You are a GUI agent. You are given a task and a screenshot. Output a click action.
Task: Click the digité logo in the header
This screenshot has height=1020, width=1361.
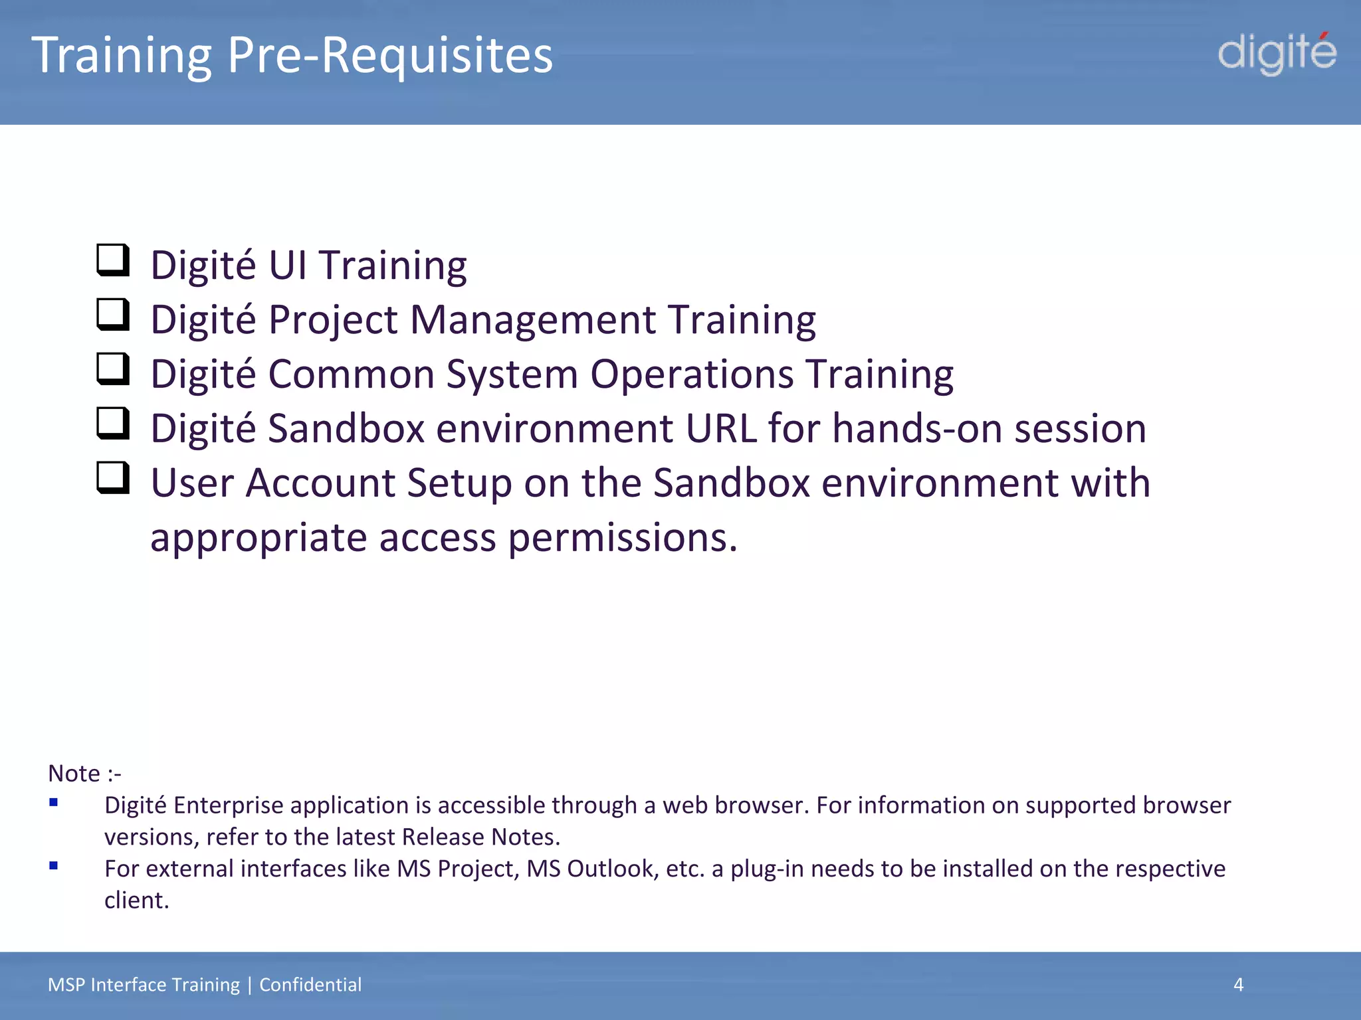pyautogui.click(x=1276, y=53)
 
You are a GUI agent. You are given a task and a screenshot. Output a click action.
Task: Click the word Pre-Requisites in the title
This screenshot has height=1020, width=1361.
pyautogui.click(x=390, y=55)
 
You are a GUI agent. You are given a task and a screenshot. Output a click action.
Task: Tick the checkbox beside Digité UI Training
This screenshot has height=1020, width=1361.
pyautogui.click(x=113, y=260)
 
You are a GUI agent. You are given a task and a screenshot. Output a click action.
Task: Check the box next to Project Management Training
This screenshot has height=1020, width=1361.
pyautogui.click(x=113, y=315)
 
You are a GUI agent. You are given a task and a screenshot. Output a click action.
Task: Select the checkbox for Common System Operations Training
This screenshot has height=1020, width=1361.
pyautogui.click(x=113, y=369)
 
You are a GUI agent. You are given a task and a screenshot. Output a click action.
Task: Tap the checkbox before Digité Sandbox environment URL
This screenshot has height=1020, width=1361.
pyautogui.click(x=113, y=424)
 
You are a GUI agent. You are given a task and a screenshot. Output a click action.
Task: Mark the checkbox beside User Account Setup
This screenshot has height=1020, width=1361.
pyautogui.click(x=113, y=478)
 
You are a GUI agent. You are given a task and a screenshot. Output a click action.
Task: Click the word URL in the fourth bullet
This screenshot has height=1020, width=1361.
pyautogui.click(x=721, y=428)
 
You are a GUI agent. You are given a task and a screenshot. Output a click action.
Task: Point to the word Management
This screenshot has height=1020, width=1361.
pyautogui.click(x=533, y=320)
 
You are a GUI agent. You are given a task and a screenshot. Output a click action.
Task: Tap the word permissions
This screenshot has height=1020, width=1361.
pyautogui.click(x=623, y=537)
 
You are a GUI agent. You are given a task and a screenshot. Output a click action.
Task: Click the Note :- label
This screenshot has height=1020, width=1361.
pyautogui.click(x=84, y=774)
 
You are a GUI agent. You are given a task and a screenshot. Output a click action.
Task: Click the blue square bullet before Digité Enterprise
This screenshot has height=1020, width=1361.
pyautogui.click(x=54, y=803)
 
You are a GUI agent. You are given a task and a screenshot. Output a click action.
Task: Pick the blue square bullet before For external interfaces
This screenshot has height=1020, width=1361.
pyautogui.click(x=54, y=866)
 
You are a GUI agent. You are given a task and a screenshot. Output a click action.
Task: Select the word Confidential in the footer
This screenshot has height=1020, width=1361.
pyautogui.click(x=310, y=985)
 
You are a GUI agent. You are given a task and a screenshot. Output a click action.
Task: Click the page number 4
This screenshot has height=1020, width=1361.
pyautogui.click(x=1238, y=985)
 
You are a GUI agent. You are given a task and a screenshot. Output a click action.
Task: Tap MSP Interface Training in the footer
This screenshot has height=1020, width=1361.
pyautogui.click(x=144, y=985)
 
